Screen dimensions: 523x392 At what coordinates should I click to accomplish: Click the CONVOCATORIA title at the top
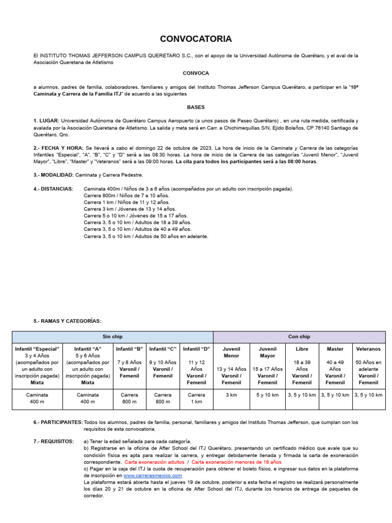pos(195,39)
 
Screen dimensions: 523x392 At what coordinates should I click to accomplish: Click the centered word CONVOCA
pos(195,73)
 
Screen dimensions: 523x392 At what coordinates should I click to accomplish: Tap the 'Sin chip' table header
pos(112,337)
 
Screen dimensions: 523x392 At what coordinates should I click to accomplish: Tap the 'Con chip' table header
pos(299,337)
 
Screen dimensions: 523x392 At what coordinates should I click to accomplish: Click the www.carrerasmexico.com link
pos(153,475)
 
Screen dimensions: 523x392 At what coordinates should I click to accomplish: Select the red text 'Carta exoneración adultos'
pos(156,462)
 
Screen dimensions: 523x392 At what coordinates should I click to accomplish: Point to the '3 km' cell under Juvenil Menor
pos(231,395)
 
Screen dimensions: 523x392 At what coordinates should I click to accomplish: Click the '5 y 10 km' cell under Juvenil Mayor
pos(267,395)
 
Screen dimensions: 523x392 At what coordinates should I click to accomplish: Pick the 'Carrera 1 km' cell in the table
pos(197,398)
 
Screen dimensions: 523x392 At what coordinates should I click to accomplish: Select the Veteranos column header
pos(369,349)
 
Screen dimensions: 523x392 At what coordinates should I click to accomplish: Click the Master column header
pos(335,349)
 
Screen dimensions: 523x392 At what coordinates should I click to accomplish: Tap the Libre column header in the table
pos(302,349)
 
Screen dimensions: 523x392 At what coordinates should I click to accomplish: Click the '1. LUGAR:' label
pos(45,121)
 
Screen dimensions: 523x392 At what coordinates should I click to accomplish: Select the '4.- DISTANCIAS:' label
pos(53,188)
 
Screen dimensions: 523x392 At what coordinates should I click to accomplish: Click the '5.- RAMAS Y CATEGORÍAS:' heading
pos(67,321)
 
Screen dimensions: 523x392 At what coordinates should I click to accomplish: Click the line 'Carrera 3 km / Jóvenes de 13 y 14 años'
pos(130,209)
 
